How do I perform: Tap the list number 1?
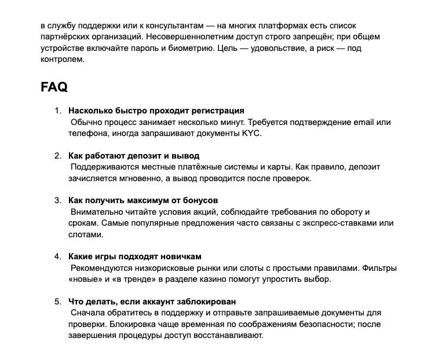(57, 111)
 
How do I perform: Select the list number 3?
(57, 200)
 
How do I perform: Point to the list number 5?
(57, 302)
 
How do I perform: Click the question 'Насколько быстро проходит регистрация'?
(156, 111)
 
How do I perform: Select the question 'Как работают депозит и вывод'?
(134, 156)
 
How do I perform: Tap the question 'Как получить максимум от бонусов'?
(143, 200)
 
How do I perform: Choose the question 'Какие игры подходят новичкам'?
(135, 256)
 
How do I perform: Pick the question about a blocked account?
(152, 302)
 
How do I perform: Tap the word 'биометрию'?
(195, 48)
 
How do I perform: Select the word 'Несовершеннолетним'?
(222, 37)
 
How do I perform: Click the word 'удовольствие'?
(286, 48)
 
